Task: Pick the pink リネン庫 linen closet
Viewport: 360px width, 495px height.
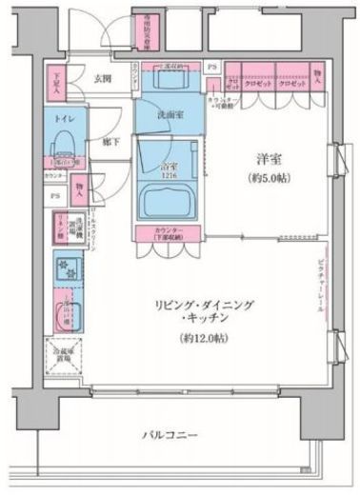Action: pos(57,229)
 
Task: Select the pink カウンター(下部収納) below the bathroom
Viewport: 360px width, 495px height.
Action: pos(167,234)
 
